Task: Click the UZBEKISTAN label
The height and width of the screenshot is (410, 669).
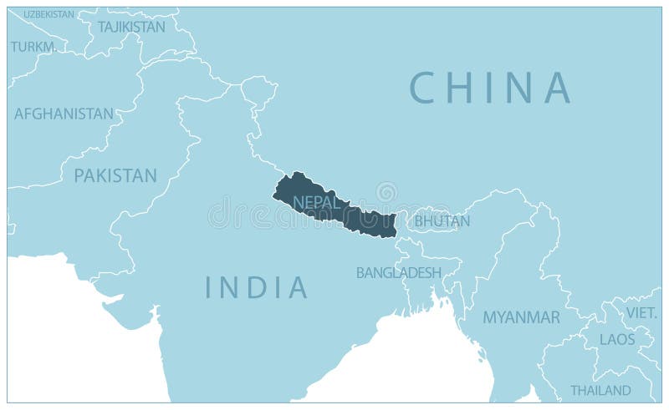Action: (49, 14)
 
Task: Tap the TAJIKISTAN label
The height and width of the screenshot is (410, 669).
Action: (131, 27)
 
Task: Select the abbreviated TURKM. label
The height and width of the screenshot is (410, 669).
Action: (34, 47)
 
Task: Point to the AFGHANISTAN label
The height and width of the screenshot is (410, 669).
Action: (64, 114)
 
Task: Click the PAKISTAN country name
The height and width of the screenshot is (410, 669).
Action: (115, 175)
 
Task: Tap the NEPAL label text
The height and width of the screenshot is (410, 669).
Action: (317, 202)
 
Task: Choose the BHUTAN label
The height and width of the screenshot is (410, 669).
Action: (442, 221)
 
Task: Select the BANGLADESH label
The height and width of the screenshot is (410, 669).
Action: (399, 272)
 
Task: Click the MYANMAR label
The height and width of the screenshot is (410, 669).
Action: (521, 317)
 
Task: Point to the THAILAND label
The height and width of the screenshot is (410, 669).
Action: (600, 390)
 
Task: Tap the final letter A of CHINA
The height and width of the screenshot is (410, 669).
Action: (556, 88)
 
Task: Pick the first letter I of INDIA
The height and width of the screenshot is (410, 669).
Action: (209, 287)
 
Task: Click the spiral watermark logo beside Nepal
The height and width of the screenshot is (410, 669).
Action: (386, 193)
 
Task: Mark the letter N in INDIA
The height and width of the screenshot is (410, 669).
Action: (230, 287)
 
